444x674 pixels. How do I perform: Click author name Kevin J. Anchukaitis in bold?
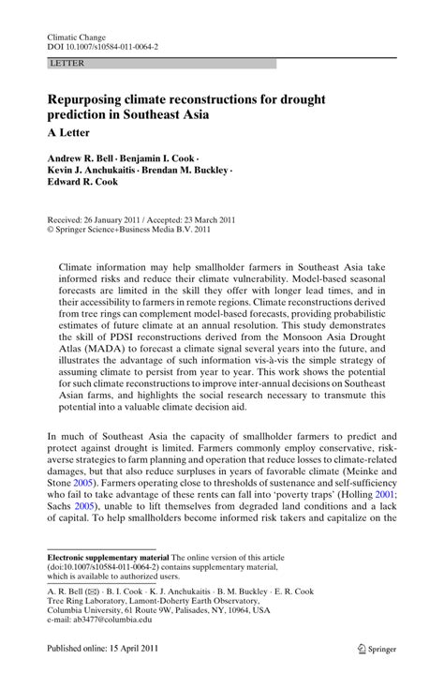click(x=96, y=172)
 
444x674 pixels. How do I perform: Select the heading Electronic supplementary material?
click(x=106, y=580)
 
